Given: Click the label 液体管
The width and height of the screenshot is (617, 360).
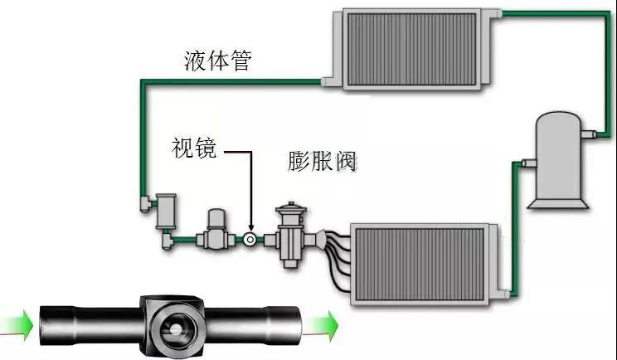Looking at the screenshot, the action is click(217, 61).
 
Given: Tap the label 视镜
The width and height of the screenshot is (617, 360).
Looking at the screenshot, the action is click(194, 148).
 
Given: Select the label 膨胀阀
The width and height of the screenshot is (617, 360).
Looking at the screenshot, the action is click(323, 161).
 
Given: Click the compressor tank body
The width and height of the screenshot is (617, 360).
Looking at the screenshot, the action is click(558, 155).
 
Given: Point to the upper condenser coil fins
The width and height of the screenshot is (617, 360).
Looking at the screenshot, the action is click(411, 49).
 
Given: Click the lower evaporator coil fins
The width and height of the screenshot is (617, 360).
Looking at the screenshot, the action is click(420, 265).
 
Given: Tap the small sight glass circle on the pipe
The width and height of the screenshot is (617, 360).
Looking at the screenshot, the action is click(250, 239).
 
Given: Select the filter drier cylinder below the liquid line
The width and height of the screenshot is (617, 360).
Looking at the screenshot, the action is click(166, 212).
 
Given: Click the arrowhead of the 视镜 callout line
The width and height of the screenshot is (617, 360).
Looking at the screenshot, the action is click(251, 228).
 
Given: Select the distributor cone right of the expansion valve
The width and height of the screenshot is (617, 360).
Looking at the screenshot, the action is click(321, 240).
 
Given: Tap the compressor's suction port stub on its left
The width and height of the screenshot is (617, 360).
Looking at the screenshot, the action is click(529, 163).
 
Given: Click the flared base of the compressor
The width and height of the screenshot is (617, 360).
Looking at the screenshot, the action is click(558, 203).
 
